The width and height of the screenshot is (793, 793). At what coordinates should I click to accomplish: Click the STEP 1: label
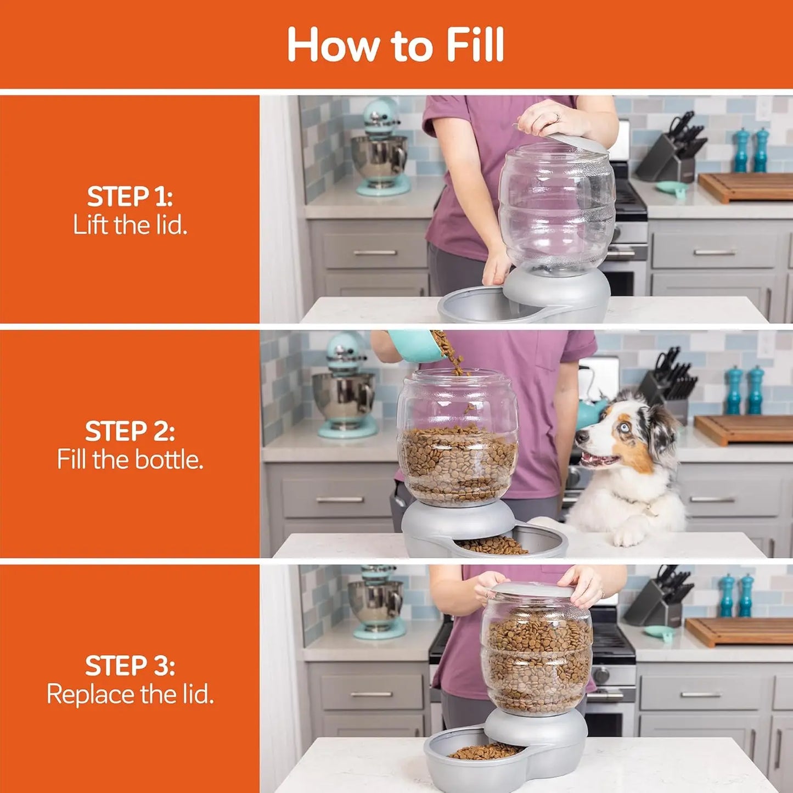130,196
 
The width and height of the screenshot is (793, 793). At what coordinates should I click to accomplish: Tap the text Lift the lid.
130,225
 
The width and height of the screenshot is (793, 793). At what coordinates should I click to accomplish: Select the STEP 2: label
130,431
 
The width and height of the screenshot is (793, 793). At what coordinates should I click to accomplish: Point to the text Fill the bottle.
130,459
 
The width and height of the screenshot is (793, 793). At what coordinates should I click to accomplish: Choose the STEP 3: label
130,666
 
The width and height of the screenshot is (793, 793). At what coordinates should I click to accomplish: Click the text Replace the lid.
130,694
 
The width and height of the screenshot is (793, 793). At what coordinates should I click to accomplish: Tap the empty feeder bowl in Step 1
472,305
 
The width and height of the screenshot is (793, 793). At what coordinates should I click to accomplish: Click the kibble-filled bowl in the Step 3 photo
483,752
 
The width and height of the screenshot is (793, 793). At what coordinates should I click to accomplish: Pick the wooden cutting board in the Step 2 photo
744,429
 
